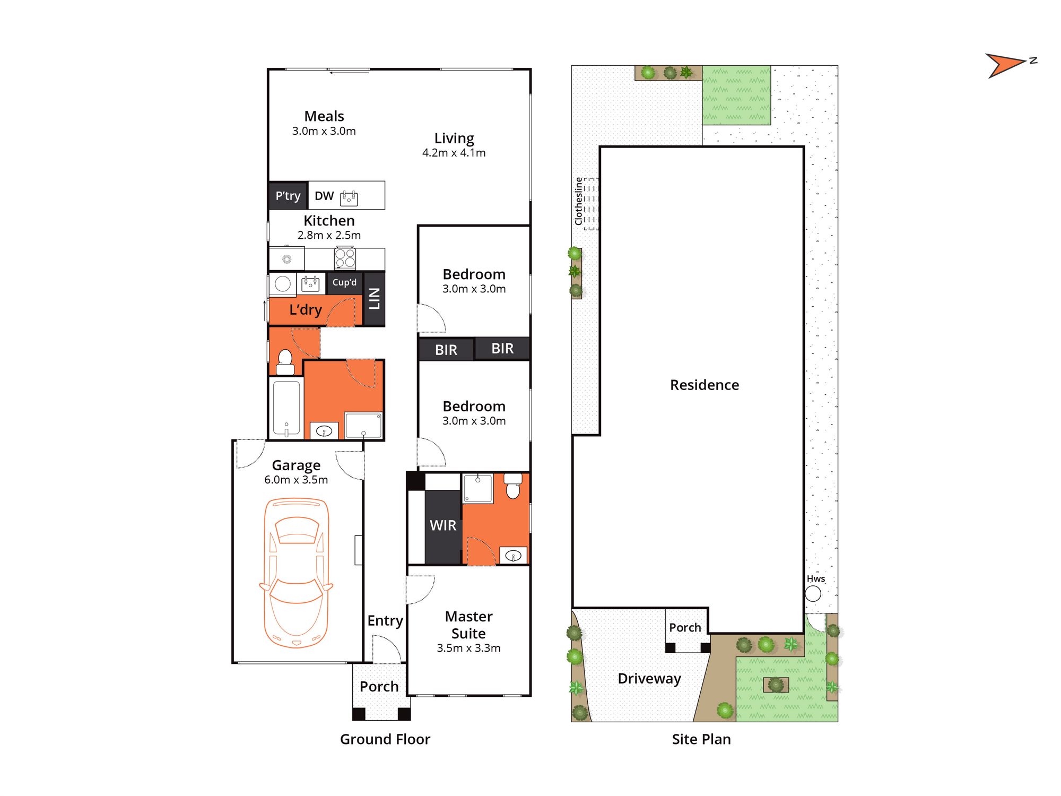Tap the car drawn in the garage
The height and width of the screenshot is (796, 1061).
pyautogui.click(x=296, y=573)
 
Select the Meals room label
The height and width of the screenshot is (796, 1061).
pyautogui.click(x=324, y=116)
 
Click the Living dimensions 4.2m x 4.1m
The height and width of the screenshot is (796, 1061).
pyautogui.click(x=454, y=153)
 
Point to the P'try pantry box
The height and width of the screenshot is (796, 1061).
pyautogui.click(x=288, y=196)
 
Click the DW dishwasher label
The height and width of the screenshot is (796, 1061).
pyautogui.click(x=324, y=196)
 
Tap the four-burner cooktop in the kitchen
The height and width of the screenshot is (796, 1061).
pyautogui.click(x=345, y=258)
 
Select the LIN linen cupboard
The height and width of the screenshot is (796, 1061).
pyautogui.click(x=374, y=299)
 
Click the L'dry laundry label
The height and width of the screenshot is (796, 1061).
pyautogui.click(x=306, y=310)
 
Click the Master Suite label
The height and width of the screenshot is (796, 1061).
pyautogui.click(x=469, y=625)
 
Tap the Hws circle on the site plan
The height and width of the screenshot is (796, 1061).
pyautogui.click(x=813, y=593)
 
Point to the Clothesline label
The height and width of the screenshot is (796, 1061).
pyautogui.click(x=578, y=201)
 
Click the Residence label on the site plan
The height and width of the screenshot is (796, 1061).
pyautogui.click(x=705, y=385)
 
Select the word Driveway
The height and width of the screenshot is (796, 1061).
pyautogui.click(x=649, y=679)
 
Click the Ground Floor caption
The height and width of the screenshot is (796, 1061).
pyautogui.click(x=385, y=739)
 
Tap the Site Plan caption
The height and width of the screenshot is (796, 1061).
pyautogui.click(x=701, y=739)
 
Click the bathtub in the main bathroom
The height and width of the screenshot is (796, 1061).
pyautogui.click(x=286, y=408)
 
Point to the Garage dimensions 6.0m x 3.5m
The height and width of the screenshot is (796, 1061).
pyautogui.click(x=296, y=480)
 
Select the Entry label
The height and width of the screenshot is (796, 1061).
pyautogui.click(x=385, y=621)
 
